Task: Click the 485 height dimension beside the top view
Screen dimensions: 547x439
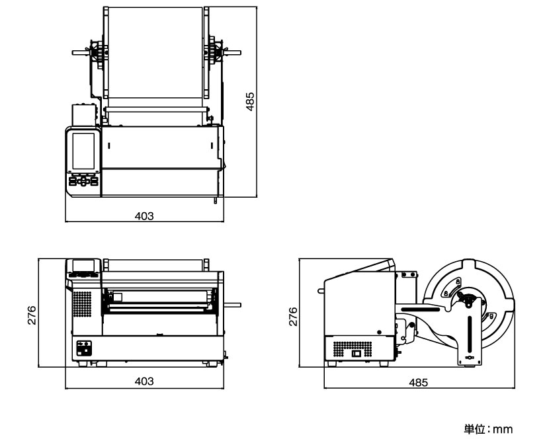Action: point(250,101)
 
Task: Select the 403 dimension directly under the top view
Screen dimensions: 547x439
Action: point(144,216)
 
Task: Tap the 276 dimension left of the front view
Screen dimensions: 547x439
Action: point(31,315)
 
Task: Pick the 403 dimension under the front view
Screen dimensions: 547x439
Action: point(144,381)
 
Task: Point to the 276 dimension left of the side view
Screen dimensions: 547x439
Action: point(293,317)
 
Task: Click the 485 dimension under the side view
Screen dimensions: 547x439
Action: point(418,383)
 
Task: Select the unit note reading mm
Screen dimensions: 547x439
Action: point(503,429)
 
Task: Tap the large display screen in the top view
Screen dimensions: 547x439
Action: point(83,151)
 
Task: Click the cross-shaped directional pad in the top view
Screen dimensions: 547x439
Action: point(83,180)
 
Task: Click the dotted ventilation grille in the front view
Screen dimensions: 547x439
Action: point(82,304)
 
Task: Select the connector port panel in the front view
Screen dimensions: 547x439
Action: point(84,348)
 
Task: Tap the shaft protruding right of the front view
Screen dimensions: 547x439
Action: point(232,305)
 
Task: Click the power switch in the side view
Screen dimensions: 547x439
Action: point(356,354)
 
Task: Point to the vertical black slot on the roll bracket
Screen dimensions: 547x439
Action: point(470,334)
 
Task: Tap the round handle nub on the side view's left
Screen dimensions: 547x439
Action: point(321,290)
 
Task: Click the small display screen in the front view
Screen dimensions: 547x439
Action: point(83,265)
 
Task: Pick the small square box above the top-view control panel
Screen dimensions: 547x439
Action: point(84,115)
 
